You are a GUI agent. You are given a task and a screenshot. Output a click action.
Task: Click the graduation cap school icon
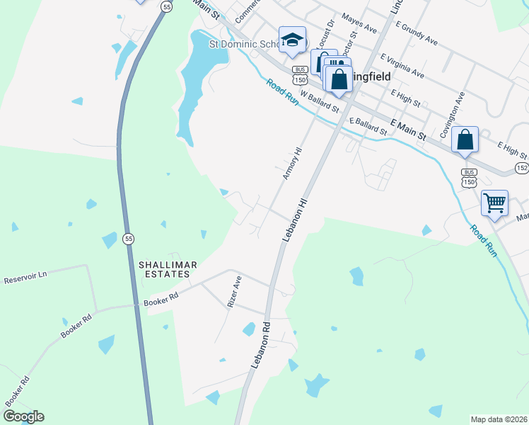click(x=292, y=40)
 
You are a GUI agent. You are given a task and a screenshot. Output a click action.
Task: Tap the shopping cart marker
click(x=494, y=203)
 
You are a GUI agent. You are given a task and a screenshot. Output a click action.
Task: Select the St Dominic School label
click(x=244, y=44)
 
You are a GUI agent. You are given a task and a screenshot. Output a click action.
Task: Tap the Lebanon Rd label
click(x=261, y=345)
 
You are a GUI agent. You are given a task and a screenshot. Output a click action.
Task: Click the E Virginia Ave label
click(x=402, y=65)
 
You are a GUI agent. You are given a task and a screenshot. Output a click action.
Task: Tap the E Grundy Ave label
click(x=417, y=33)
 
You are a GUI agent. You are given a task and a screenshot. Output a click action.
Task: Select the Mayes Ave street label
click(x=359, y=23)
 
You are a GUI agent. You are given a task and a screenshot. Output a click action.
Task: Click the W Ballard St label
click(x=320, y=101)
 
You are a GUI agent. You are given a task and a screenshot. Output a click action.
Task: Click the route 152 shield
click(x=522, y=167)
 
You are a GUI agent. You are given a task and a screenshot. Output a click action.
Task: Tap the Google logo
click(x=23, y=416)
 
